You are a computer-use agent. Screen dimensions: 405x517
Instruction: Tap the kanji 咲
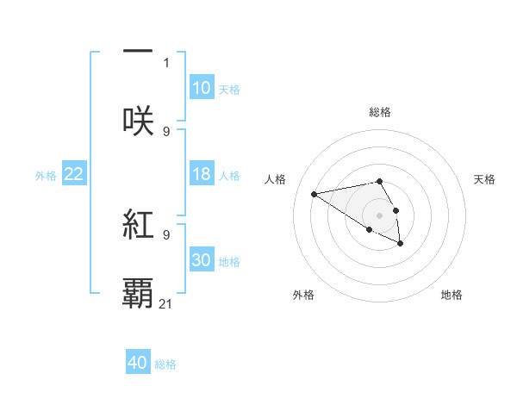[x=138, y=119]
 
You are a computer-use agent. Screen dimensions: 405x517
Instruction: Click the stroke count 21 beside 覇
[x=166, y=303]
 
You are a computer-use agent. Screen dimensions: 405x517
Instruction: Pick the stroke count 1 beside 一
[x=166, y=62]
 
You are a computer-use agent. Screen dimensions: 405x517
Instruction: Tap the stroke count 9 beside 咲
[x=166, y=131]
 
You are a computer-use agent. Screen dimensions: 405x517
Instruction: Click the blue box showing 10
[x=202, y=88]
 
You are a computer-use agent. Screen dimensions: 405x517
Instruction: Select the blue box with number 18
[x=202, y=174]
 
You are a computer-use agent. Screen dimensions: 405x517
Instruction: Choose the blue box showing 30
[x=202, y=260]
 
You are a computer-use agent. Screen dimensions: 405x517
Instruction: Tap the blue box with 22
[x=74, y=174]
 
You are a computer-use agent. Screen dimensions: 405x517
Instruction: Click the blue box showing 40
[x=138, y=363]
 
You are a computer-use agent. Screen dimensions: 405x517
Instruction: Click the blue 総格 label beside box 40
[x=165, y=364]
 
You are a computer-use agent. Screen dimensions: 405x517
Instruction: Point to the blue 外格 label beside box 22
[x=46, y=176]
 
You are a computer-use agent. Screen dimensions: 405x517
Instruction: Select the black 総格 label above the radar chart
[x=380, y=112]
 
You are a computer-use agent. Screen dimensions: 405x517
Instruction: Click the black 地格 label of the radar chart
[x=452, y=295]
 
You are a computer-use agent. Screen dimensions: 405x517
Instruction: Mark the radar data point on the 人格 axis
[x=315, y=193]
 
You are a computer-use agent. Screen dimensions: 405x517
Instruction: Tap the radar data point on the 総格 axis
[x=379, y=181]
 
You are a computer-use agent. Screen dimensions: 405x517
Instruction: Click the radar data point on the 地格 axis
[x=401, y=245]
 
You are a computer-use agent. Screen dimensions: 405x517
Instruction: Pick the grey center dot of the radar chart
[x=379, y=215]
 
